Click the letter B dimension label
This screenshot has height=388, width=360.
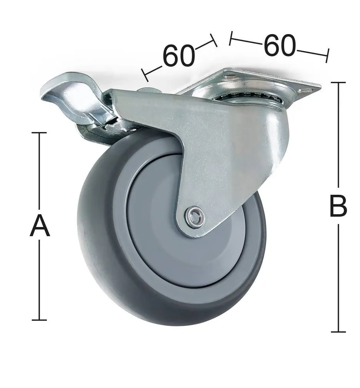click(x=338, y=206)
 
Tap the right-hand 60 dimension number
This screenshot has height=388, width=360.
click(x=280, y=45)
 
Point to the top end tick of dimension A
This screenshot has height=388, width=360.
click(x=39, y=133)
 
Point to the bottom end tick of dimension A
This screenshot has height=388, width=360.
click(x=39, y=320)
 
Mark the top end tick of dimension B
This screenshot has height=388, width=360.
click(x=338, y=83)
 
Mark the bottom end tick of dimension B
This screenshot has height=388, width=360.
click(x=338, y=332)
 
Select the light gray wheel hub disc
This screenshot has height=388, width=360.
click(x=162, y=238)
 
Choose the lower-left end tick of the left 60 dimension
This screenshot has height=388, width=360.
click(x=145, y=75)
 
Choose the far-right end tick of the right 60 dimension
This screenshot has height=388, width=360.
click(x=327, y=55)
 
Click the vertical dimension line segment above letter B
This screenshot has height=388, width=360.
click(x=338, y=138)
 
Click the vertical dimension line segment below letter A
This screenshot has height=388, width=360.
click(x=39, y=280)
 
